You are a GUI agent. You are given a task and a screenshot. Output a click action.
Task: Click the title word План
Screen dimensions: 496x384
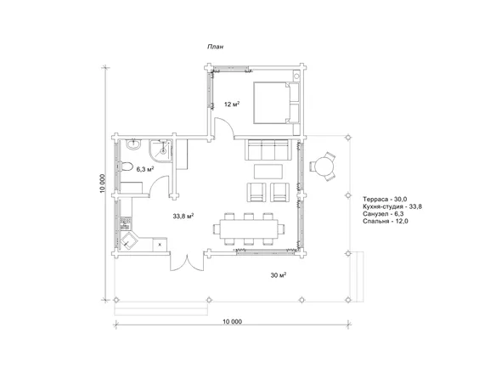pos(215,47)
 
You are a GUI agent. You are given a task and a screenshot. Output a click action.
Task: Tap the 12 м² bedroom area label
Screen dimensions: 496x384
pos(232,104)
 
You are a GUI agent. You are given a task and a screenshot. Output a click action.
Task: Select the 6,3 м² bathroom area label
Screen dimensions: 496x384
pos(145,169)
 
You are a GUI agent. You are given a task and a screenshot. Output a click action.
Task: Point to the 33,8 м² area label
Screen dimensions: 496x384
pos(183,217)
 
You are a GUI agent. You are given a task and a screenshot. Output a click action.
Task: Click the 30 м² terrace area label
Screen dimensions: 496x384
pos(279,275)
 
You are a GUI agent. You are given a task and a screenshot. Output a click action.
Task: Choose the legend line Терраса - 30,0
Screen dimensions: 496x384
pos(385,200)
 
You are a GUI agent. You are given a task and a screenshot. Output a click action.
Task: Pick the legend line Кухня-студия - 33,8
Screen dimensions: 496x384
pos(392,206)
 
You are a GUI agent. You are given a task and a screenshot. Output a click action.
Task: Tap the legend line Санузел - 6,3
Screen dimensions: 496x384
pos(383,214)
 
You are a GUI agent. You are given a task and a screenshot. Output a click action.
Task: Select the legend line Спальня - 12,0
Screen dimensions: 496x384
pos(386,221)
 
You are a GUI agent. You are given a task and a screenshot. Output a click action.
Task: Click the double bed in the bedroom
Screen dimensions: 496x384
pos(276,103)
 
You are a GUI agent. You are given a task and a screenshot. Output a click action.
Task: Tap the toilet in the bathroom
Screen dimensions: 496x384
pos(127,167)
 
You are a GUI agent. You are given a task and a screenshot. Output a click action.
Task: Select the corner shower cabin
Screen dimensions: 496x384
pos(161,150)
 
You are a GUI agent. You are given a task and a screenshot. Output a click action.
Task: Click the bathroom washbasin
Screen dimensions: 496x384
pos(133,144)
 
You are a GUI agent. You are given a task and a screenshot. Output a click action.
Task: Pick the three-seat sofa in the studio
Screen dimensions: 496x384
pos(268,150)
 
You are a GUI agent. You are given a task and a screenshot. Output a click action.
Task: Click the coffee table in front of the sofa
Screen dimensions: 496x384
pos(268,171)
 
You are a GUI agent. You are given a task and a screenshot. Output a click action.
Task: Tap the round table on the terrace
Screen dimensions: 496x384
pos(323,167)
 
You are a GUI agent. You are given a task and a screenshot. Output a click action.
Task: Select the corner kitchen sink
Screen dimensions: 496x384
pos(128,240)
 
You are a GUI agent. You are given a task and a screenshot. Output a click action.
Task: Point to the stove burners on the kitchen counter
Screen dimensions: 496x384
pos(126,223)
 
